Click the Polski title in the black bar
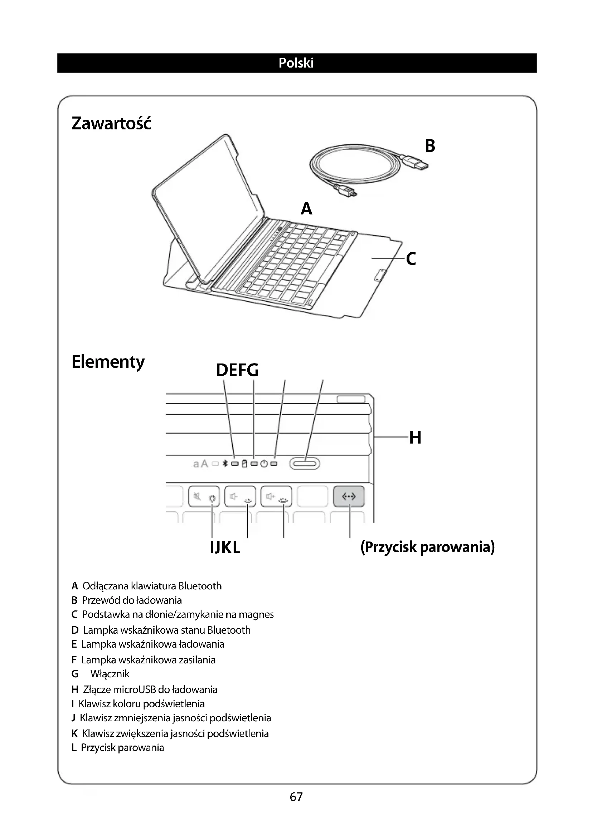(x=296, y=63)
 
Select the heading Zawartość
(x=111, y=123)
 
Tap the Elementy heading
(x=108, y=362)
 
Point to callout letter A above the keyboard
(x=307, y=209)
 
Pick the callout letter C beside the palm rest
(x=411, y=259)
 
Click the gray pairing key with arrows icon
(x=349, y=496)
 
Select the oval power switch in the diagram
(x=304, y=464)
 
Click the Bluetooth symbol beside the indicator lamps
(x=225, y=464)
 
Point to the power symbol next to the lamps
(x=264, y=464)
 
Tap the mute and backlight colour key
(x=204, y=497)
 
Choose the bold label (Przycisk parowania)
(x=427, y=547)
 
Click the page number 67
(x=296, y=797)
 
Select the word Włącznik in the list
(x=110, y=674)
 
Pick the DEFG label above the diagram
(x=237, y=370)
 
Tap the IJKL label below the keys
(x=225, y=548)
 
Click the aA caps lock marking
(x=200, y=464)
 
